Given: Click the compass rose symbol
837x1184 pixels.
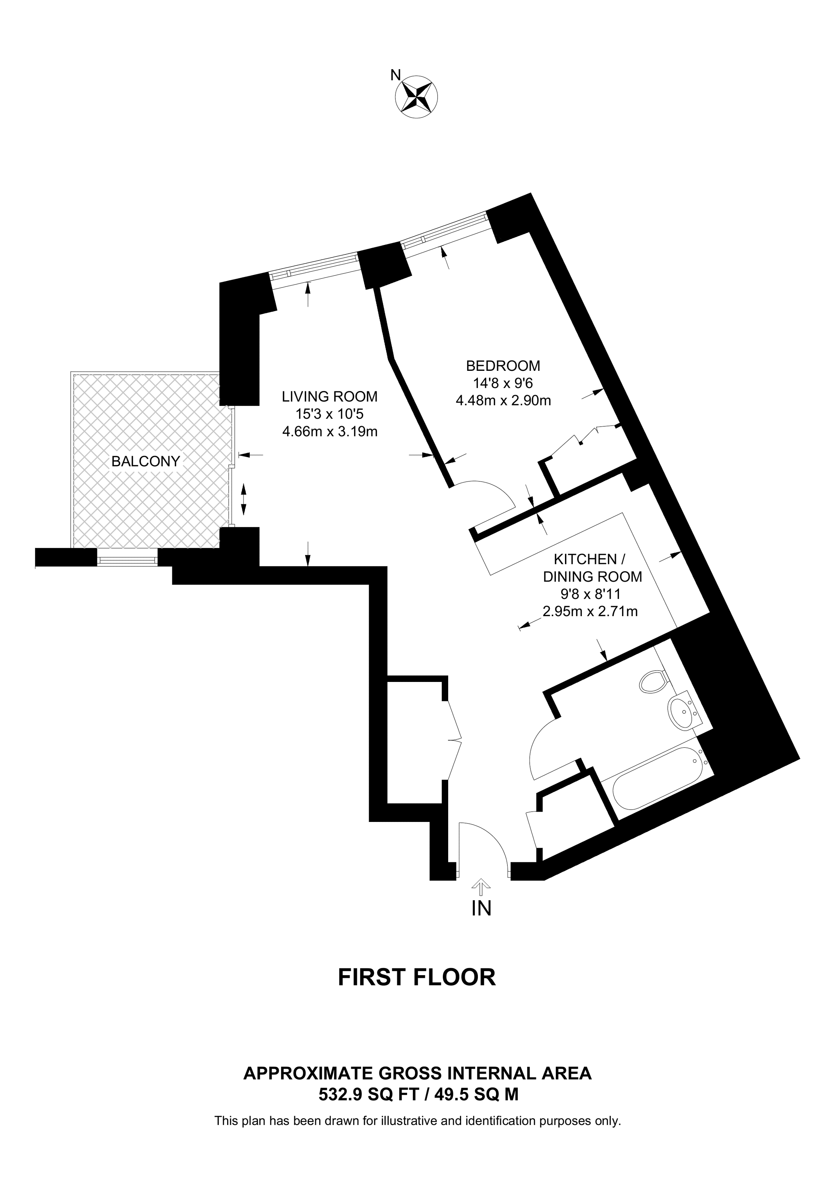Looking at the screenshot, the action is [416, 97].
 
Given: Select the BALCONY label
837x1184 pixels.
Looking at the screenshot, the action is [146, 461].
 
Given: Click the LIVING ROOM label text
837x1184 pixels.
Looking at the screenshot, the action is [329, 397].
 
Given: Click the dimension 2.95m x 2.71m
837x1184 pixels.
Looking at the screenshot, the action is [590, 612].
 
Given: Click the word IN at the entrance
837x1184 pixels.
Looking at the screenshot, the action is [481, 908].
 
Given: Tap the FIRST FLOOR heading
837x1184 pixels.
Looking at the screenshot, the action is [417, 977].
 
